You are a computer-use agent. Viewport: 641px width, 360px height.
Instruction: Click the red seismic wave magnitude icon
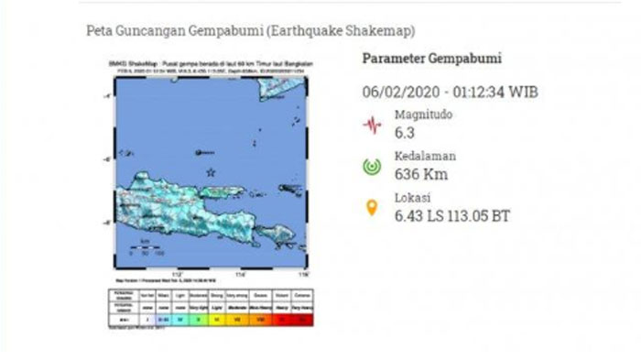click(372, 124)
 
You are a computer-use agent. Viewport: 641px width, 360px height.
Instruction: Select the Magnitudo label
click(424, 116)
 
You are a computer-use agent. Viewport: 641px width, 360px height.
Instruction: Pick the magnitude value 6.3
click(404, 133)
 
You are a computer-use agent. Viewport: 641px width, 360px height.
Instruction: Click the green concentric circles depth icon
click(372, 166)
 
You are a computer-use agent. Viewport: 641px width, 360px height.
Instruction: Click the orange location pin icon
click(372, 208)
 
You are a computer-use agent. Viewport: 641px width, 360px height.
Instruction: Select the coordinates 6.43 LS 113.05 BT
click(452, 216)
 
